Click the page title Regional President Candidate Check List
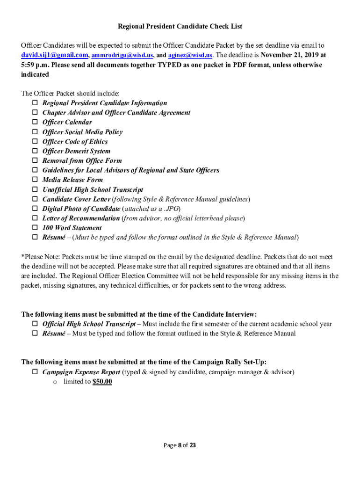[x=180, y=27]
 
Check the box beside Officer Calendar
[x=35, y=123]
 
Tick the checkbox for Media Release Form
[x=35, y=180]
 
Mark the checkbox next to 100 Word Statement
[x=35, y=228]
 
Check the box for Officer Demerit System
[x=35, y=152]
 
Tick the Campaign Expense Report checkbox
[x=35, y=372]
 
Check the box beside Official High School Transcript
[x=35, y=324]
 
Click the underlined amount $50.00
[x=102, y=382]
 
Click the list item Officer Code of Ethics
[x=75, y=142]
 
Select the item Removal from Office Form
[x=82, y=161]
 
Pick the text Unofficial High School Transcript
[x=93, y=190]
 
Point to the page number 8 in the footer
[x=179, y=445]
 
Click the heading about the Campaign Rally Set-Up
[x=144, y=362]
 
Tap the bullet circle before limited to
[x=55, y=382]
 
